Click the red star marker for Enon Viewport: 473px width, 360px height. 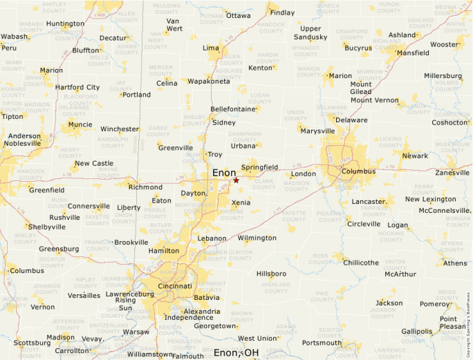(236, 180)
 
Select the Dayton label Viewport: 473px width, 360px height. (193, 193)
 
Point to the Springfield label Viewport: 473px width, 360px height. (259, 167)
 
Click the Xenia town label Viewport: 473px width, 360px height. (241, 203)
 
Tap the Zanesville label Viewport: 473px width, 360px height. (452, 172)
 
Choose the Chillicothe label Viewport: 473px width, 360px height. (361, 263)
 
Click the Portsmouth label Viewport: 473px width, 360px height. (322, 343)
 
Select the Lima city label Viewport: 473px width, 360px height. (210, 48)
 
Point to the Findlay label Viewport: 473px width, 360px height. (282, 12)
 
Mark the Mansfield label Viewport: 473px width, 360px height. (412, 53)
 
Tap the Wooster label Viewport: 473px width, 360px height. (444, 44)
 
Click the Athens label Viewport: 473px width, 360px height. (454, 263)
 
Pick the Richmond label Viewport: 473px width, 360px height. (145, 187)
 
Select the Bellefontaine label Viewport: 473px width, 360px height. (234, 109)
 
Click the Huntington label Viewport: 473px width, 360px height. (65, 23)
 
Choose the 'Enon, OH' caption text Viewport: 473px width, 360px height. (236, 353)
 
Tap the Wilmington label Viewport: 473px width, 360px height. (257, 238)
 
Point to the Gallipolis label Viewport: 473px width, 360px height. (416, 332)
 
